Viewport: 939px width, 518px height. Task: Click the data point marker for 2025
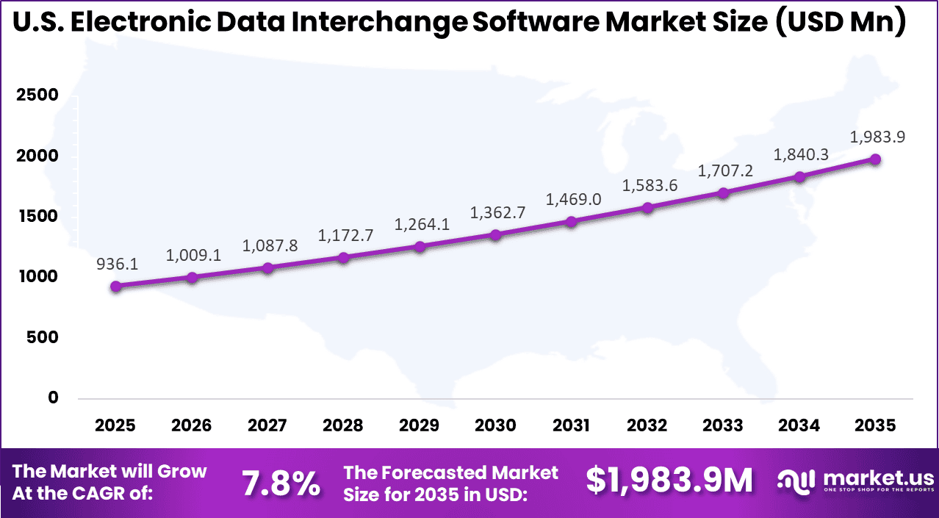coord(116,286)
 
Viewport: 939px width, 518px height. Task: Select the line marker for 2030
coord(496,235)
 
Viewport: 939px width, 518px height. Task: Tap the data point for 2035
coord(875,159)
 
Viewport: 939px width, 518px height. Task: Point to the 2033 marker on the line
coord(723,193)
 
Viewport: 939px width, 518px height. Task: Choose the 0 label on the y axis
coord(53,398)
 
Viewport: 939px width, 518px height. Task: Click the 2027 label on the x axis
coord(267,425)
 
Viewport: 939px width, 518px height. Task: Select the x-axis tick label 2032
coord(647,425)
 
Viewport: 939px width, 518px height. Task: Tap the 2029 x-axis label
coord(420,425)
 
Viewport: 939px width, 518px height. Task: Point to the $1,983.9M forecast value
coord(669,481)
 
